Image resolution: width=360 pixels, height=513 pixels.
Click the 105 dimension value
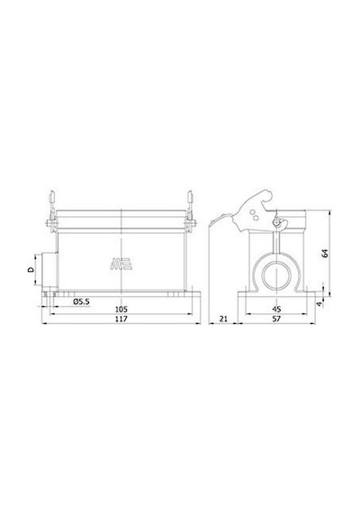click(x=121, y=309)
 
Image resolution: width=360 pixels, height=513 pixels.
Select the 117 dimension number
click(x=121, y=319)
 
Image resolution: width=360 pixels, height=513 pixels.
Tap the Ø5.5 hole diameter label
click(x=81, y=301)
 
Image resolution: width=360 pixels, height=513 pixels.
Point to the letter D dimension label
click(x=31, y=270)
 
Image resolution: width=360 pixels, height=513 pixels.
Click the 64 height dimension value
click(x=325, y=253)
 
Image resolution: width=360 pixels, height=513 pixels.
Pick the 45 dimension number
click(x=276, y=309)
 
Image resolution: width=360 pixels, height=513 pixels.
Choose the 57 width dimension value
click(x=276, y=319)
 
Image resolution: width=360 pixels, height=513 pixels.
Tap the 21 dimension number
click(x=223, y=319)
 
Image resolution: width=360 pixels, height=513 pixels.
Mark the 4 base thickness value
click(x=319, y=304)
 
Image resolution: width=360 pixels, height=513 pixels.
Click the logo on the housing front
click(x=121, y=264)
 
